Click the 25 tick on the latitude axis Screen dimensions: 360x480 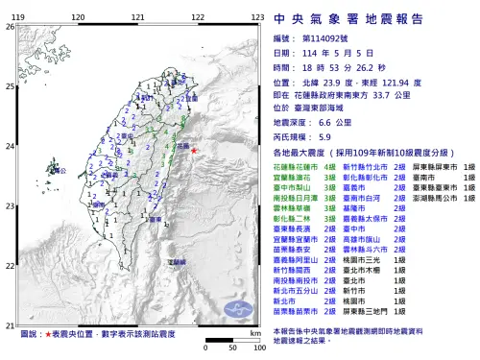point(11,86)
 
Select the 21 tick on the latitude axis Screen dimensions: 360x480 point(11,324)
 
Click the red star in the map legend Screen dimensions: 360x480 point(49,333)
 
